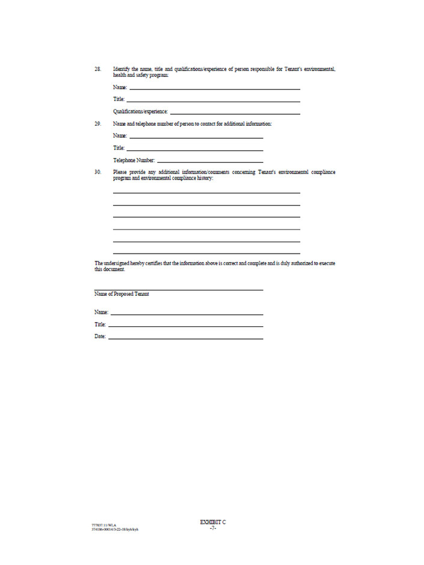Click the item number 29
[97, 124]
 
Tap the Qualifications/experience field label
[140, 112]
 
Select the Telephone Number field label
[134, 160]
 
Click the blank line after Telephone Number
[210, 162]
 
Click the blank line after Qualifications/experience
[235, 113]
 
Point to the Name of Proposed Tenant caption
[121, 295]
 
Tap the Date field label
[100, 337]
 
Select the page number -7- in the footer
[212, 528]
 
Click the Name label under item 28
[120, 88]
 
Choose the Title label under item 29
[118, 148]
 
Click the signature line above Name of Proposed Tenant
[179, 290]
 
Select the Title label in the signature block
[100, 325]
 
